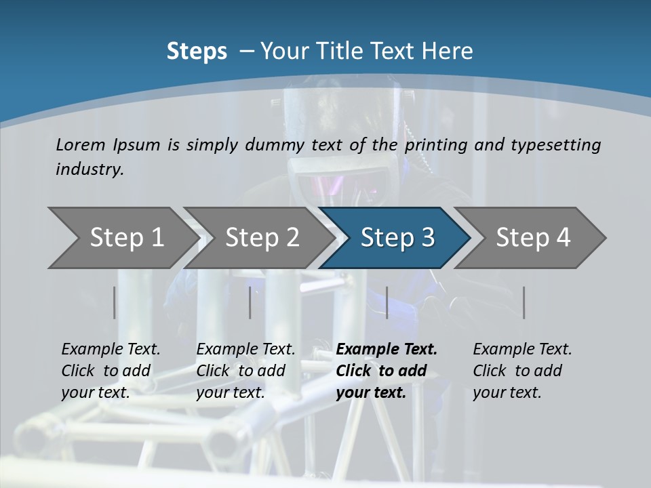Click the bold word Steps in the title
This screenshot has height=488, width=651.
tap(197, 52)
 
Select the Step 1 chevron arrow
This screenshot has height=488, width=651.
tap(122, 238)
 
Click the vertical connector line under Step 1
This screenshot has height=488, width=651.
tap(115, 302)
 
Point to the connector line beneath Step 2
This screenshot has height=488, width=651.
tap(250, 302)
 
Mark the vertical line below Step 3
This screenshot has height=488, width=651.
tap(387, 302)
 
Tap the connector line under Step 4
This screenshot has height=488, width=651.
tap(524, 302)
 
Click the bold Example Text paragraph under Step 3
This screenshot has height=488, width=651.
tap(387, 371)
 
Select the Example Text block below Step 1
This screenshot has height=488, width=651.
tap(111, 371)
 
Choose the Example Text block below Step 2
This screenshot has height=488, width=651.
tap(245, 371)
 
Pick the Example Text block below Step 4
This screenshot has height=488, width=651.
tap(522, 371)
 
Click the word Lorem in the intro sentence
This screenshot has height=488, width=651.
tap(81, 145)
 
